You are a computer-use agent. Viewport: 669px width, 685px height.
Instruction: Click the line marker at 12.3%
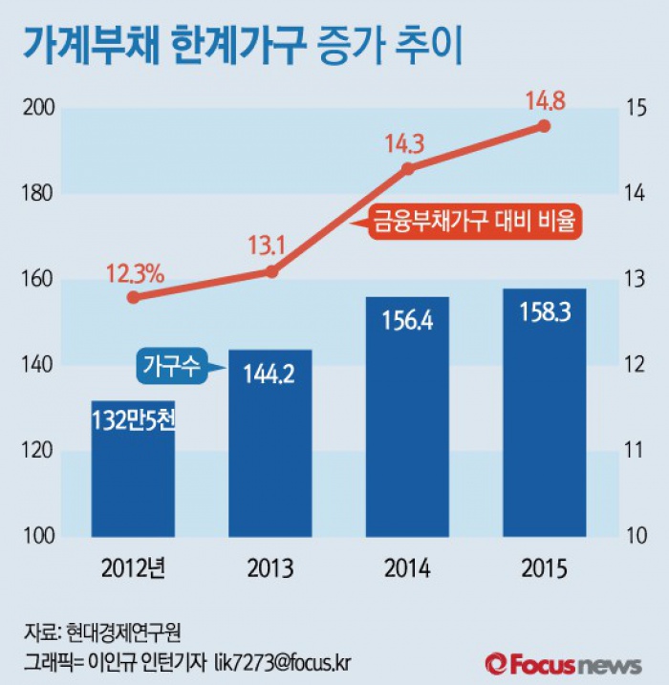tap(133, 297)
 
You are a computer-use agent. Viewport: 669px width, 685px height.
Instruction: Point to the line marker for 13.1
tap(270, 271)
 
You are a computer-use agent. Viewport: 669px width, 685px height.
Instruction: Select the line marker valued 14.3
tap(407, 168)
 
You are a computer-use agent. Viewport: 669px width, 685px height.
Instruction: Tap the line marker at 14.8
tap(544, 125)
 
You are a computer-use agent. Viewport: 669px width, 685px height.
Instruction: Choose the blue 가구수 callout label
tap(173, 365)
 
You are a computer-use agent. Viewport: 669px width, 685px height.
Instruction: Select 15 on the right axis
tap(635, 109)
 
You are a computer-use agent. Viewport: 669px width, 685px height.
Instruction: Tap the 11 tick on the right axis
tap(635, 450)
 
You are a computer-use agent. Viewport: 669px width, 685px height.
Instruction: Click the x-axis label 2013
tap(270, 570)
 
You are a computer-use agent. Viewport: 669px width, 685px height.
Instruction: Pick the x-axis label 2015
tap(544, 570)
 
